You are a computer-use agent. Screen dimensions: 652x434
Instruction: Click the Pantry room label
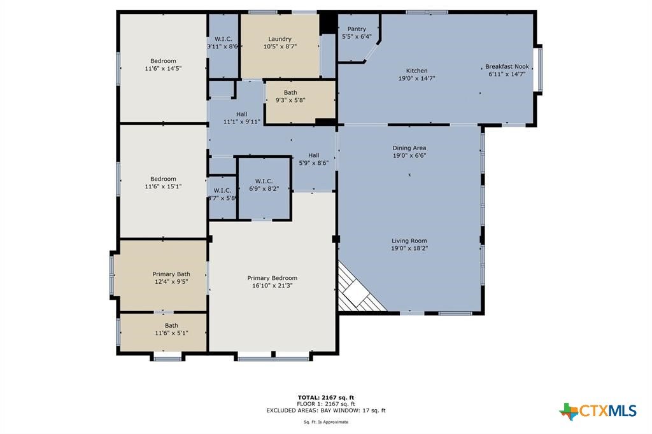(x=357, y=29)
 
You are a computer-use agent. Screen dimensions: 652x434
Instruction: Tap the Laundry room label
(x=280, y=39)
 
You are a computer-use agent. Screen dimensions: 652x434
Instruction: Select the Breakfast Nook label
(x=507, y=67)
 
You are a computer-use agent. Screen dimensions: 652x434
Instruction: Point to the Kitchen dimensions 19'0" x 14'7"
(x=416, y=78)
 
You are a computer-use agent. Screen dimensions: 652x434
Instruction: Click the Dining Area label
(x=409, y=148)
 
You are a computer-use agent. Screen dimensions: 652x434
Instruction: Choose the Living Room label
(x=409, y=241)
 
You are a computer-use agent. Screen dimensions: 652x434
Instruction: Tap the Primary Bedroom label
(x=273, y=278)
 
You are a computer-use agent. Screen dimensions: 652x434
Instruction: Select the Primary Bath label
(x=171, y=274)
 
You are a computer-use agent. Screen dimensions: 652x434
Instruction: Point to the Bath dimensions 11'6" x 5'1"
(x=171, y=333)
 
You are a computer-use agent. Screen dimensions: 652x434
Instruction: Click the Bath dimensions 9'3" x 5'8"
(x=290, y=100)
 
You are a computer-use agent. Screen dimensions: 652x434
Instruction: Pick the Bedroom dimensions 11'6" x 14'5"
(x=164, y=68)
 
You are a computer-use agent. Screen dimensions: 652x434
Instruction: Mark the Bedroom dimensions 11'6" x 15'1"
(x=164, y=186)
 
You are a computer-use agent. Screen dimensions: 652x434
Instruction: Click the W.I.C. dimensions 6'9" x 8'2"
(x=264, y=188)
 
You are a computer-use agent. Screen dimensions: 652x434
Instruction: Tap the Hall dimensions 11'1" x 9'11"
(x=241, y=122)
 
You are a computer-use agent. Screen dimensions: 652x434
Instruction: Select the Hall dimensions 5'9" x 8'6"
(x=314, y=163)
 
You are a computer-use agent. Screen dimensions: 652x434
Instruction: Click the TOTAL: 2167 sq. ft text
(x=326, y=398)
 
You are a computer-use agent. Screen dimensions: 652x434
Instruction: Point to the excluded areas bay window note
(x=326, y=410)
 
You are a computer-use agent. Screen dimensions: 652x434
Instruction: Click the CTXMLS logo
(x=598, y=410)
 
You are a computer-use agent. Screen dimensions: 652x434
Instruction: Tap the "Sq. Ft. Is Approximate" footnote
(x=326, y=422)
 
